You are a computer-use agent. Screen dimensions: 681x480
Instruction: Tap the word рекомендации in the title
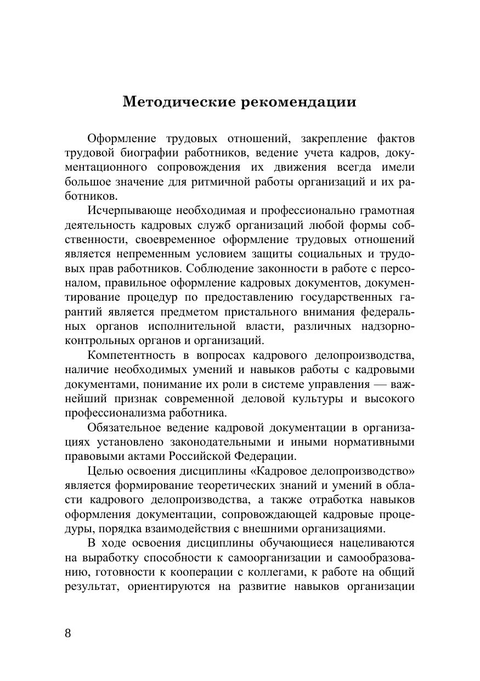click(298, 102)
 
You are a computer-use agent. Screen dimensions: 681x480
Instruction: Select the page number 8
click(68, 633)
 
